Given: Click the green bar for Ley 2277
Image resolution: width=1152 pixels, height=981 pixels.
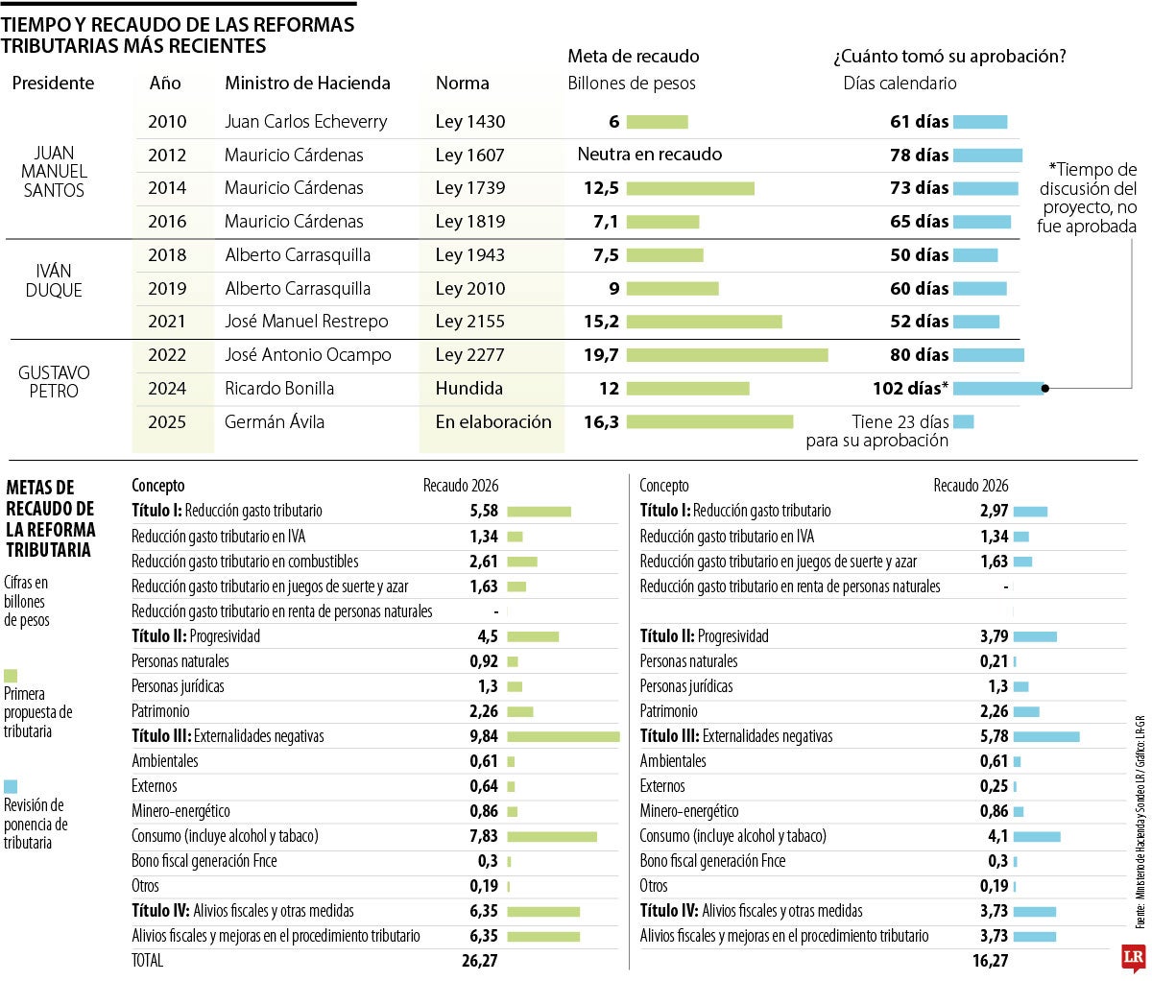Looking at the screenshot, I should [727, 355].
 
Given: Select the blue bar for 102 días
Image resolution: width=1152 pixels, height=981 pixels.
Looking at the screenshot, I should [997, 389].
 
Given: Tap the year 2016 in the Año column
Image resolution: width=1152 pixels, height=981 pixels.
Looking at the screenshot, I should [167, 222].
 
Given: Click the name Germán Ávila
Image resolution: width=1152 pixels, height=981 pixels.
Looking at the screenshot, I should [275, 421].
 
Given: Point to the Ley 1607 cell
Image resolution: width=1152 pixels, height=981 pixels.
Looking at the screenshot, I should [469, 155].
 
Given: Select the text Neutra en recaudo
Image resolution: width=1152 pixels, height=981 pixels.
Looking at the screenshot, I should [649, 155].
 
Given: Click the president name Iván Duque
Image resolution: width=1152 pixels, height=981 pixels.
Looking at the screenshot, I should [54, 280].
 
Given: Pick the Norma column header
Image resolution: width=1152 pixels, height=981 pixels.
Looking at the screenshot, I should [462, 84].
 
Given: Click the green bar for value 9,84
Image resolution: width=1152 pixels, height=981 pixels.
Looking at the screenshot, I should [563, 736].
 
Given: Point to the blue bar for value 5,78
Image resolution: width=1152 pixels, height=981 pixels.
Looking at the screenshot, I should [1045, 736].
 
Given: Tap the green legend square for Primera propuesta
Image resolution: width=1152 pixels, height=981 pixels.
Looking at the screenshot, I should [11, 676].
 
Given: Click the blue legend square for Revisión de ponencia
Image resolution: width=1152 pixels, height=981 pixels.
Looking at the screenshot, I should [11, 786].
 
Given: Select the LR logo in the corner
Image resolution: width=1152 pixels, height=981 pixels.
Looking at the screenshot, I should [1134, 958].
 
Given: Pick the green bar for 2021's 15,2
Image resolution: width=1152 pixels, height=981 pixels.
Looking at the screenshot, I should [704, 322].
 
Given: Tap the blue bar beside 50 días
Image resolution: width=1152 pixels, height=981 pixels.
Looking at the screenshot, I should [974, 255].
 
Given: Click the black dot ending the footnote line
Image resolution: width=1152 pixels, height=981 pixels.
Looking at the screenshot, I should [1045, 389].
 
